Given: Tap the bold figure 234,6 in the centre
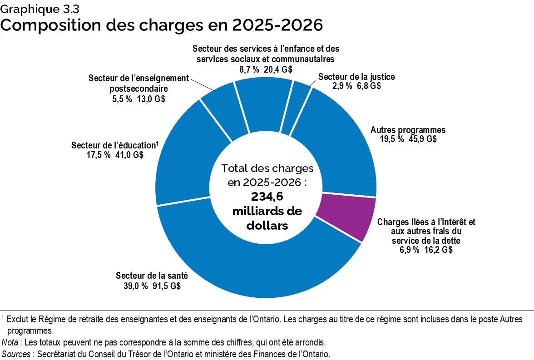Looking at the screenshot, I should click(267, 196).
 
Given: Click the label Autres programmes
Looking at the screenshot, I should click(408, 130).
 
